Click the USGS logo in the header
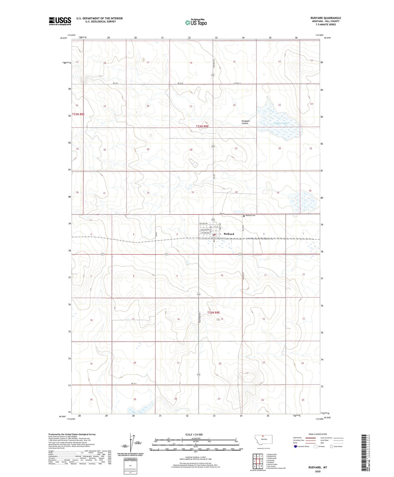pyautogui.click(x=60, y=21)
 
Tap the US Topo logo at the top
pyautogui.click(x=196, y=22)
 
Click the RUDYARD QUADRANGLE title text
pyautogui.click(x=326, y=18)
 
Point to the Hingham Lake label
pyautogui.click(x=281, y=123)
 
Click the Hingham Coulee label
pyautogui.click(x=245, y=122)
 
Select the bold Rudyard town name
pyautogui.click(x=229, y=234)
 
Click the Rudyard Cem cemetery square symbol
pyautogui.click(x=244, y=216)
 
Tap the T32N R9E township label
pyautogui.click(x=213, y=313)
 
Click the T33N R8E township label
pyautogui.click(x=78, y=114)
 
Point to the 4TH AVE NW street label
pyautogui.click(x=203, y=224)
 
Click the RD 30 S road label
pyautogui.click(x=134, y=384)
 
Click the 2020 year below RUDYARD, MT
pyautogui.click(x=318, y=471)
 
